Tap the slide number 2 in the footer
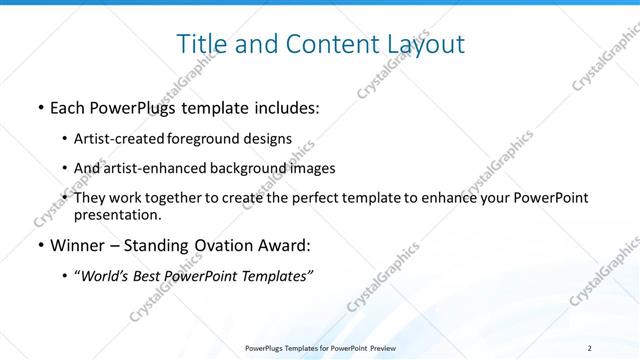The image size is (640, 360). [589, 348]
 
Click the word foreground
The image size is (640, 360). [198, 138]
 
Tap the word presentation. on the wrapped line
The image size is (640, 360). [117, 214]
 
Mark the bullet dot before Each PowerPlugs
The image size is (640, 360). [39, 106]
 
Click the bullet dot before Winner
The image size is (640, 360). [39, 245]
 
